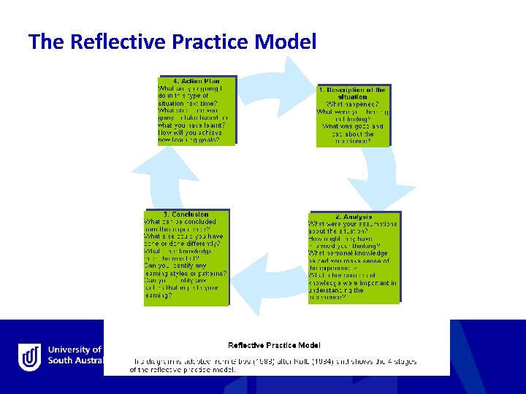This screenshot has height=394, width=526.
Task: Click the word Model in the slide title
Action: click(x=286, y=42)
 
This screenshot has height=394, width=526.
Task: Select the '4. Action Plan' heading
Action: click(x=197, y=80)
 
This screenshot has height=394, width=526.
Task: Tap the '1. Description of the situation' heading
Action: click(x=353, y=93)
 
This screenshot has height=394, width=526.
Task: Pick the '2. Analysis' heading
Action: click(x=354, y=217)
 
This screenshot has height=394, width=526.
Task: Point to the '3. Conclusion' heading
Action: click(x=186, y=215)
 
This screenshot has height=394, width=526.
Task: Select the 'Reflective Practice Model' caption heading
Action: click(x=274, y=345)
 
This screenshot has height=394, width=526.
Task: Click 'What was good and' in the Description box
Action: click(x=348, y=126)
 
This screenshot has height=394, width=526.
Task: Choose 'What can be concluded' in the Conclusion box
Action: click(x=178, y=222)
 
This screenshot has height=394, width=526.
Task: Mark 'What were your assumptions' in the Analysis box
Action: click(x=353, y=224)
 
